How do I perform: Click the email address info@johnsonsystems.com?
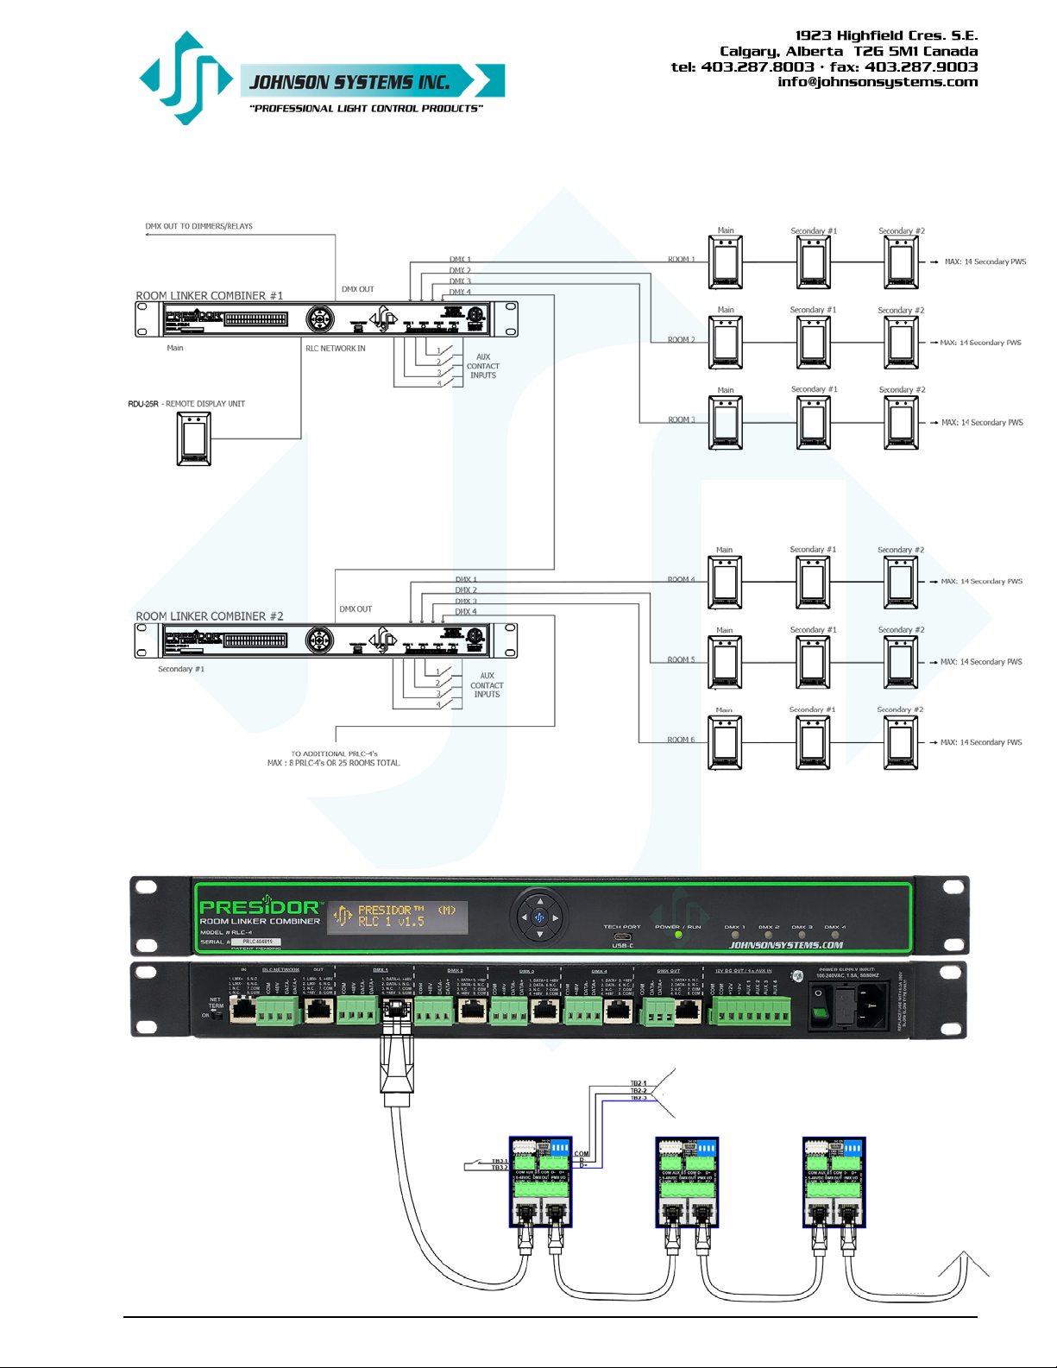[878, 82]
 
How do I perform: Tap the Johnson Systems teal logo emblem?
[186, 78]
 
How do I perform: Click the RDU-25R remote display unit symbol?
[193, 438]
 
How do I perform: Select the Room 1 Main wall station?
[726, 262]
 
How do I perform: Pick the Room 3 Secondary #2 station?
[902, 423]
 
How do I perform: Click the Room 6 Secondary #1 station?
[813, 742]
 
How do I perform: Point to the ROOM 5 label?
[681, 660]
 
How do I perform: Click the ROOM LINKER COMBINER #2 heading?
[209, 616]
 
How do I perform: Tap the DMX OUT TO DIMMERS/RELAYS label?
[198, 226]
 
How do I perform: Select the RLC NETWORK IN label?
[335, 349]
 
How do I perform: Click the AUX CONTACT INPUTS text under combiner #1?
[483, 366]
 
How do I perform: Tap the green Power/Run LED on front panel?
[678, 935]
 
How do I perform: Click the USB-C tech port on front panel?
[622, 936]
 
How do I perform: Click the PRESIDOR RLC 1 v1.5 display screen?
[398, 916]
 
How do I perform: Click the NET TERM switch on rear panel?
[217, 1015]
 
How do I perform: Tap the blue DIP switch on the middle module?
[706, 1149]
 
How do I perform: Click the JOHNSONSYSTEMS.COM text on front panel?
[786, 945]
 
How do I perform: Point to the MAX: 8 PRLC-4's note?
[334, 763]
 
